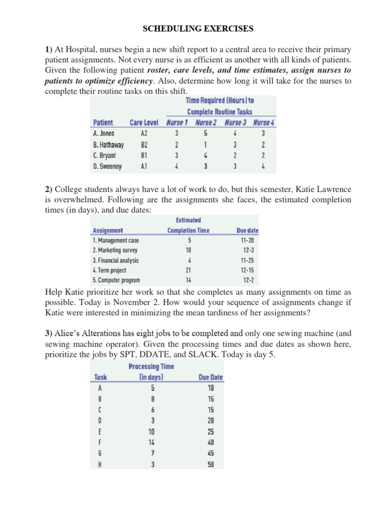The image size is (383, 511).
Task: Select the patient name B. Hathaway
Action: (108, 145)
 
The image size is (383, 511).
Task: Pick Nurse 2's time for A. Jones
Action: (205, 134)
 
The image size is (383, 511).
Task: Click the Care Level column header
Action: (144, 123)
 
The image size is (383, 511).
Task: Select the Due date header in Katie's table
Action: (247, 231)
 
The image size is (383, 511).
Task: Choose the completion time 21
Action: (189, 270)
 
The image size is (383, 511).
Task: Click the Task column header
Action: (101, 377)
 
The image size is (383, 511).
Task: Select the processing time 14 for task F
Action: (153, 442)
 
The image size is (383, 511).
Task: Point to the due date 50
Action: (211, 465)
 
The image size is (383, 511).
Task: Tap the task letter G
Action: (100, 453)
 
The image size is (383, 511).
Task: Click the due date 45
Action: (211, 453)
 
